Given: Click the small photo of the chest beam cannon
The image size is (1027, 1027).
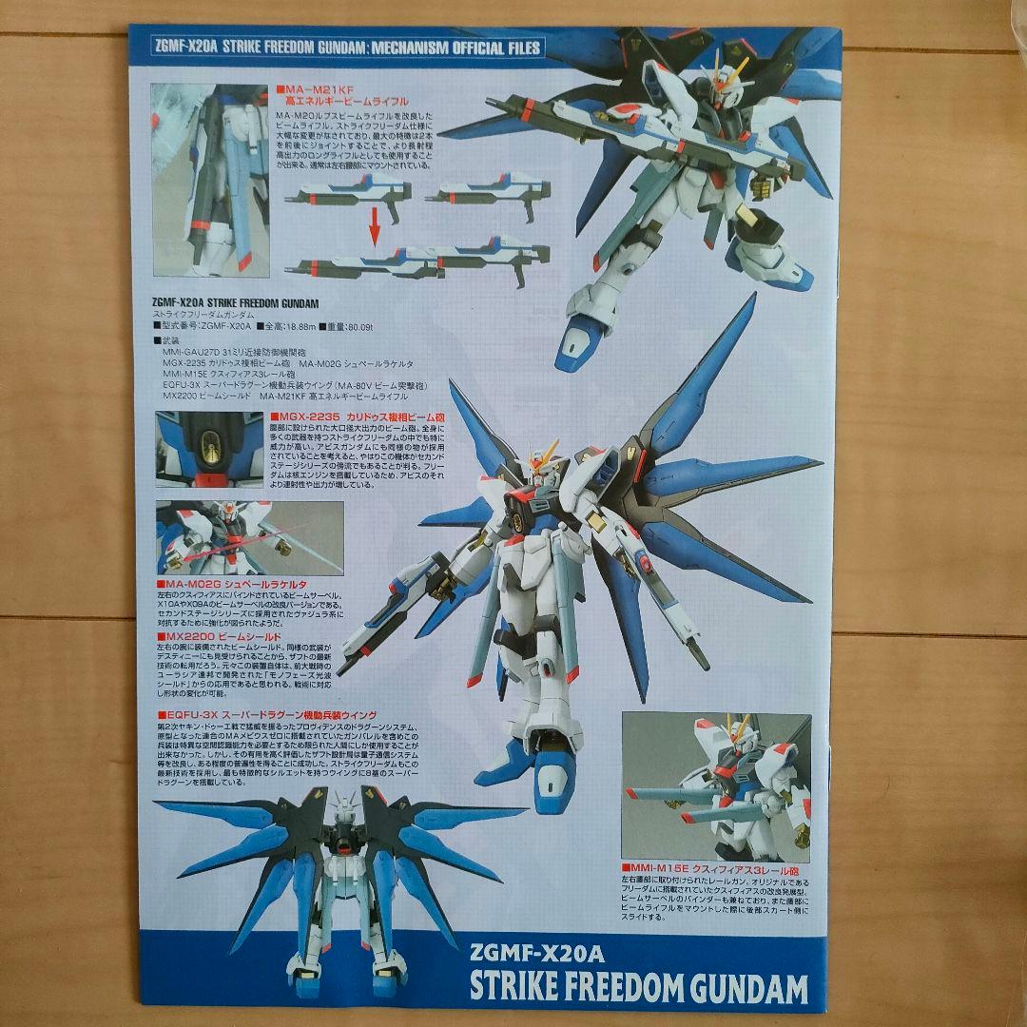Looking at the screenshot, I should pyautogui.click(x=208, y=449).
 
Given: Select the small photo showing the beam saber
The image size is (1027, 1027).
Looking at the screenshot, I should pyautogui.click(x=209, y=537).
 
